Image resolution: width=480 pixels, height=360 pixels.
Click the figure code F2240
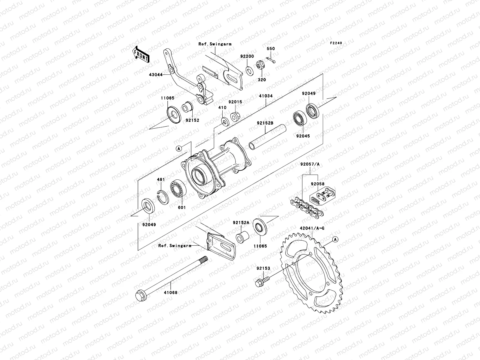tap(336, 43)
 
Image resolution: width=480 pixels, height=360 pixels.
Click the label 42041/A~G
tap(312, 228)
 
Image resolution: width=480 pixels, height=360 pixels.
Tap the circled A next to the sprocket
tap(335, 239)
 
